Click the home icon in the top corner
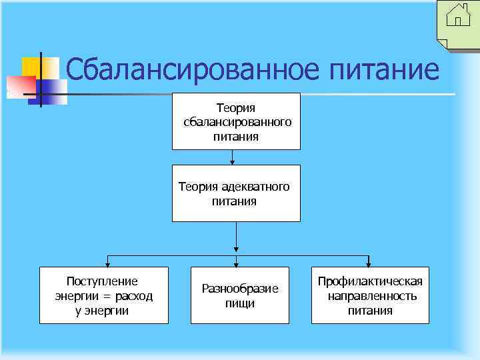(458, 15)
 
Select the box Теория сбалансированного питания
(236, 121)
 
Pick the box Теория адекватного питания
(236, 193)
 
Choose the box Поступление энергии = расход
(103, 295)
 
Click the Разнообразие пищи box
(240, 295)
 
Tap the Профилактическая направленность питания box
(370, 295)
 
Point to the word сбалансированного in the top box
(236, 122)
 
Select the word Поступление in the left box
(103, 281)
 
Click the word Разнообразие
(240, 289)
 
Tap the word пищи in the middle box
(240, 303)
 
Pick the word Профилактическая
(370, 281)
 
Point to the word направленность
(372, 296)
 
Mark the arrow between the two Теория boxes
(233, 157)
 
